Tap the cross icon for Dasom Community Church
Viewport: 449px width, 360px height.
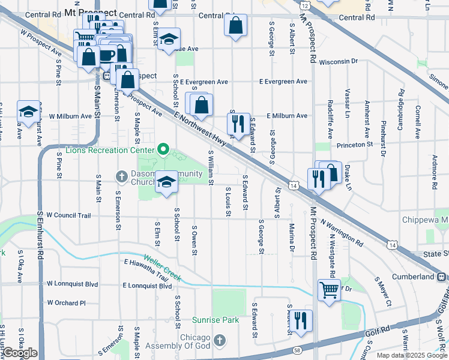pos(121,176)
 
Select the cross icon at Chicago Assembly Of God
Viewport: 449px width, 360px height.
pos(220,341)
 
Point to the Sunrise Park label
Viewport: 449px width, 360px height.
pos(215,320)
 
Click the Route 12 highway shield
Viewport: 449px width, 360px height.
pos(305,5)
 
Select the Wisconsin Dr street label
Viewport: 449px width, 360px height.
pos(338,61)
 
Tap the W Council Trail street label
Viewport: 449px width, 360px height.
pos(68,215)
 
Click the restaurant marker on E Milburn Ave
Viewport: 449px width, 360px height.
pos(238,124)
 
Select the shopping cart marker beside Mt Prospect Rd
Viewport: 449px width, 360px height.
pos(329,290)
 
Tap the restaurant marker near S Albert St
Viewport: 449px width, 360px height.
pos(300,320)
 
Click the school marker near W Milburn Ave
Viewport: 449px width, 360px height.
pos(28,111)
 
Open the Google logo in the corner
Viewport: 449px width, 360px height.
pos(20,353)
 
